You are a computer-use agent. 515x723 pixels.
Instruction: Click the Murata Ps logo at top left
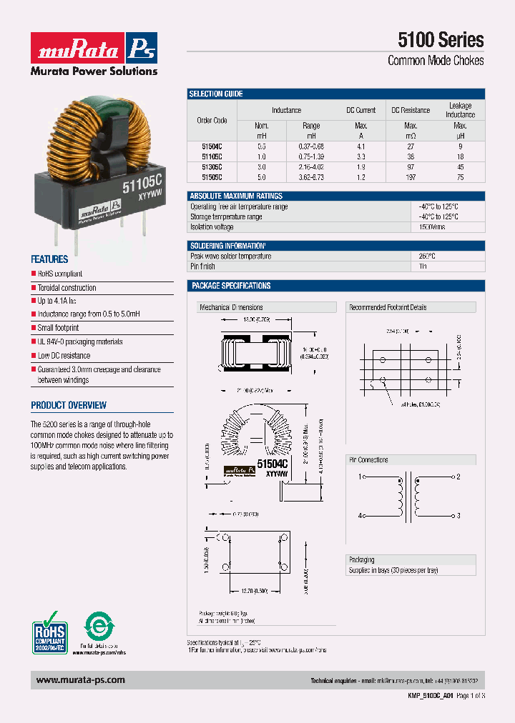point(94,49)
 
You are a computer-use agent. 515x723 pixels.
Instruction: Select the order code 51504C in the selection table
point(212,146)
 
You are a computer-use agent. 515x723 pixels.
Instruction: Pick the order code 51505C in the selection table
point(212,176)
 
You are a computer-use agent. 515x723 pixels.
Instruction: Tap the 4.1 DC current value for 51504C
point(360,146)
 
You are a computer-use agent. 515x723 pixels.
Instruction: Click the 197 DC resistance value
point(411,176)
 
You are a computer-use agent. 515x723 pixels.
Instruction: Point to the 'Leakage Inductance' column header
point(460,110)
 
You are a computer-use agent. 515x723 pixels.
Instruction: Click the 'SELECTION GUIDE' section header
point(216,94)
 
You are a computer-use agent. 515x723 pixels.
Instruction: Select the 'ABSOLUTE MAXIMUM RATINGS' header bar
point(235,196)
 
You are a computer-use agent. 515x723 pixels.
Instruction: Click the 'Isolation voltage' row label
point(212,226)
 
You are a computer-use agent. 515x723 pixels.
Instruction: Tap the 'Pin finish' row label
point(202,266)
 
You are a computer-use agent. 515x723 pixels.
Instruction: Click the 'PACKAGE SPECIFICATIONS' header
point(230,286)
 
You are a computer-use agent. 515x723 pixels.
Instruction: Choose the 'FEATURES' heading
point(49,259)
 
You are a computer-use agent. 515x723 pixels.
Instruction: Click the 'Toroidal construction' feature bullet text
point(67,288)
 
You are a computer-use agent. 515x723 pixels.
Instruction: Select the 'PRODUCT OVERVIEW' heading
point(69,405)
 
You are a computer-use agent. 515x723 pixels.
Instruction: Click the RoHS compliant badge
point(49,631)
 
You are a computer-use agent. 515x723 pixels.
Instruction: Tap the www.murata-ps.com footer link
point(80,680)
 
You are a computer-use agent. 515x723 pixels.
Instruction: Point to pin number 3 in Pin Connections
point(458,515)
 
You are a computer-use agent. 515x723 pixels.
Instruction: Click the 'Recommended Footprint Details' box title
point(387,307)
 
